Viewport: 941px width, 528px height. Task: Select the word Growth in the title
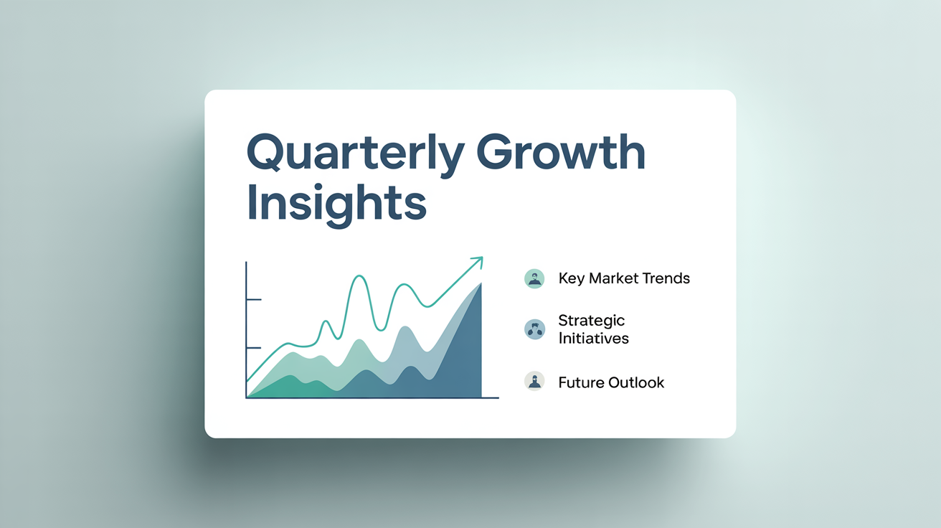coord(561,151)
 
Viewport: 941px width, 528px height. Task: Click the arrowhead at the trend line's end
coord(478,262)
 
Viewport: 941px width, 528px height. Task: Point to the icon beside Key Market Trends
coord(534,278)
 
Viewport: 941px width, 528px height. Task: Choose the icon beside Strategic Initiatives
coord(534,329)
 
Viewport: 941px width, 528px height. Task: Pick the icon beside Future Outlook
coord(534,382)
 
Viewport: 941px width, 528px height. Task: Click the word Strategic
coord(592,321)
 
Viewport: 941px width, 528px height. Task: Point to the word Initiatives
coord(594,338)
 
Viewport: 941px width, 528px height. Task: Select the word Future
coord(581,382)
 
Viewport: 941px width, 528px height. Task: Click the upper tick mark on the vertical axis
coord(254,299)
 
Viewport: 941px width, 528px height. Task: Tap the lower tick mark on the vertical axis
coord(254,348)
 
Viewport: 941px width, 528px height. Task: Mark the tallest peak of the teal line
coord(359,275)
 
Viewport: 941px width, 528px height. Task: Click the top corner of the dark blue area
coord(481,283)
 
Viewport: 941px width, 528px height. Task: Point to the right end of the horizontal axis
coord(498,397)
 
